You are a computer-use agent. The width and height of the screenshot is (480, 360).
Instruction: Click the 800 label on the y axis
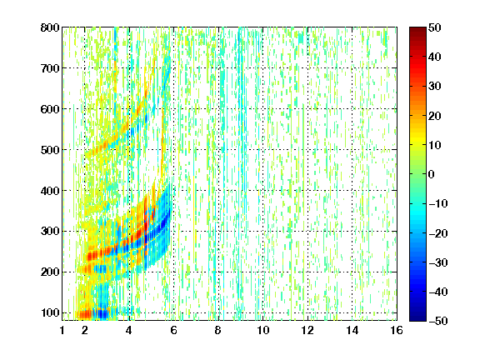point(50,27)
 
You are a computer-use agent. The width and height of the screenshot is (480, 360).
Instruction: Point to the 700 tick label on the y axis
point(50,68)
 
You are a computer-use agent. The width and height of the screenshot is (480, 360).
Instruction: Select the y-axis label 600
point(50,109)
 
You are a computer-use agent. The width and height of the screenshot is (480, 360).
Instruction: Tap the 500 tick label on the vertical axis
point(50,150)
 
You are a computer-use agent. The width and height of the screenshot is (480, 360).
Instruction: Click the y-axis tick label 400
point(50,191)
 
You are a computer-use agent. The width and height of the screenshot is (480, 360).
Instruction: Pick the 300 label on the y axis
point(50,232)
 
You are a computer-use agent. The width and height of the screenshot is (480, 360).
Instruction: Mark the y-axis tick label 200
point(50,272)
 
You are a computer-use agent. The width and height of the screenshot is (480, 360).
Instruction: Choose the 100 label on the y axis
point(50,312)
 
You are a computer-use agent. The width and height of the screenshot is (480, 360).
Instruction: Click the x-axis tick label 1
point(62,330)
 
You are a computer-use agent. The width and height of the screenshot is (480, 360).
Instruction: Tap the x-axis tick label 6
point(173,330)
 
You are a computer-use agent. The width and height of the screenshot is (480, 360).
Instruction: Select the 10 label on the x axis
point(262,330)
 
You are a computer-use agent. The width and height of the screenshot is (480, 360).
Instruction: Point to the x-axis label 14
point(352,330)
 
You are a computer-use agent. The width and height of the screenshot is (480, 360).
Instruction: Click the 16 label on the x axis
point(397,330)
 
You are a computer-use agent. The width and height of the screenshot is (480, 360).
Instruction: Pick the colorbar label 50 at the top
point(434,27)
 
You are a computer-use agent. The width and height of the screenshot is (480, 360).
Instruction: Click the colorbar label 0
point(432,174)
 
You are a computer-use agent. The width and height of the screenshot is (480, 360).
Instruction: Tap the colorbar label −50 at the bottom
point(438,321)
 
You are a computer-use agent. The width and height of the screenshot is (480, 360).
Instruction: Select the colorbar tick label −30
point(438,262)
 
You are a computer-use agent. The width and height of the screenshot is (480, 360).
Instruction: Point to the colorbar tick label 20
point(434,116)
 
